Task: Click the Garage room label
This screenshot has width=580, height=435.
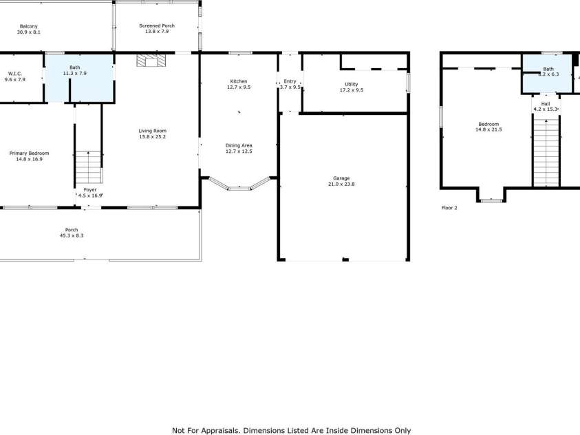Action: pos(342,178)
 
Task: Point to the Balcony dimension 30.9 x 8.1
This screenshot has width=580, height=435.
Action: pos(29,32)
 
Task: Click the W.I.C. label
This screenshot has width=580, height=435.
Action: pos(15,73)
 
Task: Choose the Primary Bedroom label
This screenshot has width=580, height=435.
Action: pos(29,153)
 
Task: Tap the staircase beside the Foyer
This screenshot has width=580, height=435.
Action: pos(88,165)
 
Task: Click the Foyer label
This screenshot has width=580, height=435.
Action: pos(90,189)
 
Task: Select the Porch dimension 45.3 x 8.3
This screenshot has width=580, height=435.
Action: pos(72,236)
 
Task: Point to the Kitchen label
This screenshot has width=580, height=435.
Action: pos(239,81)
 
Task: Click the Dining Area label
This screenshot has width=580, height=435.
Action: pos(239,145)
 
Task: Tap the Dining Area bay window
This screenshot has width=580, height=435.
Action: pos(239,186)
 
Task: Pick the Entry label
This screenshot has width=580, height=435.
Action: pos(290,81)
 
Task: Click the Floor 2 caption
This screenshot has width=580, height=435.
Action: pos(449,207)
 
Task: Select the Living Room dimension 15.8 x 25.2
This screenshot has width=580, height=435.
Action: pos(152,136)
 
